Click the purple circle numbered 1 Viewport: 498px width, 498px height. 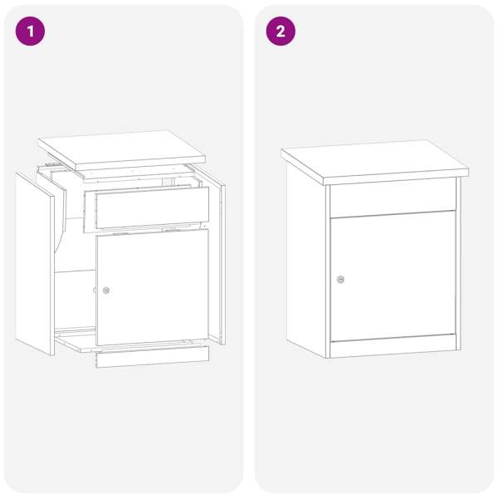pyautogui.click(x=30, y=32)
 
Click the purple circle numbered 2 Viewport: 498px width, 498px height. pyautogui.click(x=281, y=32)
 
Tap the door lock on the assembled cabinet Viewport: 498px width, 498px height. pyautogui.click(x=340, y=280)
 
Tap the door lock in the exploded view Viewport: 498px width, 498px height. pyautogui.click(x=106, y=290)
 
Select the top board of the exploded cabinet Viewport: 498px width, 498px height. pyautogui.click(x=122, y=150)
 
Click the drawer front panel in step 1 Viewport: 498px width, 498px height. pyautogui.click(x=153, y=207)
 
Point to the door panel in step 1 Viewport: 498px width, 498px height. pyautogui.click(x=153, y=287)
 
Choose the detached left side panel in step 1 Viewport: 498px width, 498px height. pyautogui.click(x=35, y=264)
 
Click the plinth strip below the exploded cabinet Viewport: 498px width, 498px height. pyautogui.click(x=153, y=357)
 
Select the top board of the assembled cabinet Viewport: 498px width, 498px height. pyautogui.click(x=375, y=163)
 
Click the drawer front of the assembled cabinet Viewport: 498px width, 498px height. pyautogui.click(x=393, y=198)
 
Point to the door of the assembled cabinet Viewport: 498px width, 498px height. pyautogui.click(x=393, y=276)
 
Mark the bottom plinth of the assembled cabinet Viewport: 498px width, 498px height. pyautogui.click(x=393, y=346)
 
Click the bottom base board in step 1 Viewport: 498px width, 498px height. pyautogui.click(x=127, y=340)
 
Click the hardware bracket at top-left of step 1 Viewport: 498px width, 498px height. pyautogui.click(x=49, y=164)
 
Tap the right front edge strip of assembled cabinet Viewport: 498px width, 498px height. pyautogui.click(x=459, y=264)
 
